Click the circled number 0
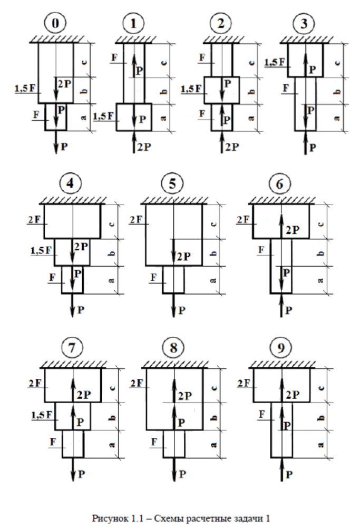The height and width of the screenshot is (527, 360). tap(55, 24)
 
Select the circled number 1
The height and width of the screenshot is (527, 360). tap(132, 24)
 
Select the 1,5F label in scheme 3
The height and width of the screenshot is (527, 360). tap(274, 62)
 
